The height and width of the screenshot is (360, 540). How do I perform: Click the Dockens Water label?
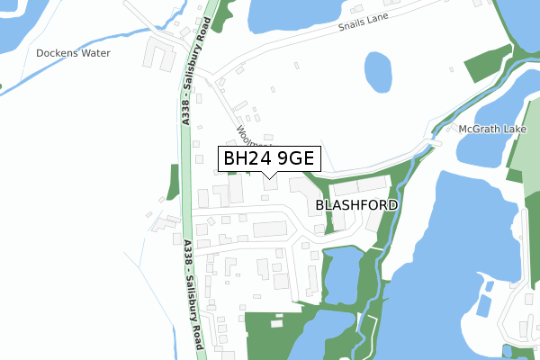click(x=73, y=53)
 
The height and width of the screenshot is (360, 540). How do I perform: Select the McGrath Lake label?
click(x=491, y=130)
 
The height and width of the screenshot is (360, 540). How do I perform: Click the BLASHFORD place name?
click(x=356, y=205)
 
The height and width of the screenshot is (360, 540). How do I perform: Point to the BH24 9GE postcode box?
click(x=268, y=159)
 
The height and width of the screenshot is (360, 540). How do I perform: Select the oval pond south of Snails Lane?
click(x=379, y=71)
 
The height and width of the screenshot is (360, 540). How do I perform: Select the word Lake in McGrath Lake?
click(x=515, y=130)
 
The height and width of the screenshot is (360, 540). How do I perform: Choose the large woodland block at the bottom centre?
click(x=270, y=333)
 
